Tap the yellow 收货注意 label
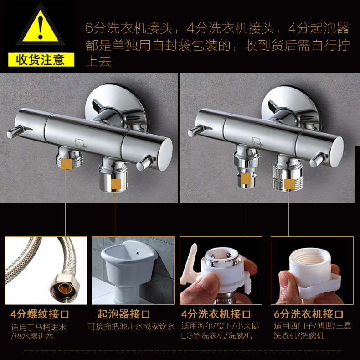(x=41, y=60)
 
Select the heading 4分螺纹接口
(x=40, y=314)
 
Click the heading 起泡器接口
(x=124, y=314)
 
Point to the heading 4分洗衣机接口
(x=216, y=314)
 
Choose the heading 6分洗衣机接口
(x=309, y=314)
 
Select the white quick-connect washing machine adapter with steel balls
(x=221, y=269)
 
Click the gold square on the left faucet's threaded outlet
(x=67, y=164)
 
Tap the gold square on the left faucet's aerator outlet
(x=116, y=184)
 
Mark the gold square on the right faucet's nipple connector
(x=246, y=178)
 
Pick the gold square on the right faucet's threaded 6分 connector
(x=289, y=184)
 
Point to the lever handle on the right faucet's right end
(x=319, y=159)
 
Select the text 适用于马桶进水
(x=39, y=327)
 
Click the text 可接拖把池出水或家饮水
(x=131, y=326)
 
